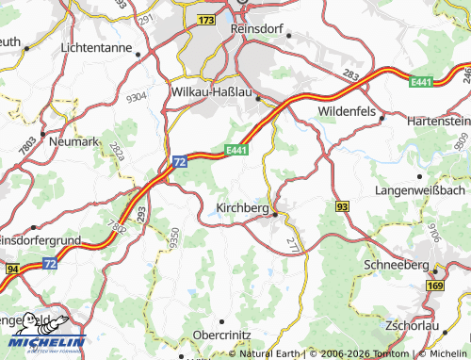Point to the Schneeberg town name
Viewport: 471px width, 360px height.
click(x=396, y=266)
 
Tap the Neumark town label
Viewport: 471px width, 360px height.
click(x=73, y=141)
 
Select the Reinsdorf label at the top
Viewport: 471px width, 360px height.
click(x=258, y=28)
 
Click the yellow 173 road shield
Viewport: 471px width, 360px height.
click(x=207, y=19)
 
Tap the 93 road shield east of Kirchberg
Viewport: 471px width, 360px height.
click(x=342, y=205)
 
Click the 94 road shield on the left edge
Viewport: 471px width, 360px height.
click(x=11, y=270)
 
